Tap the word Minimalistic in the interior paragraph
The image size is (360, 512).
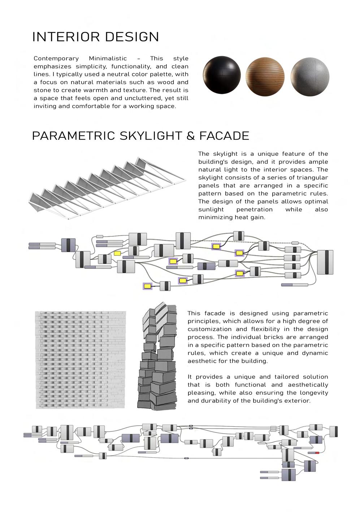tap(108, 59)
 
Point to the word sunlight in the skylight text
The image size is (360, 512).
tap(211, 210)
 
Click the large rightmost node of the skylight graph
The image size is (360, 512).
tap(325, 262)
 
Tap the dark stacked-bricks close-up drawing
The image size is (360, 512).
tap(158, 358)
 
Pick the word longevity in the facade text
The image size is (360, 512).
tap(312, 393)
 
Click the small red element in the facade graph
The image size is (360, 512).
tap(317, 453)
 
